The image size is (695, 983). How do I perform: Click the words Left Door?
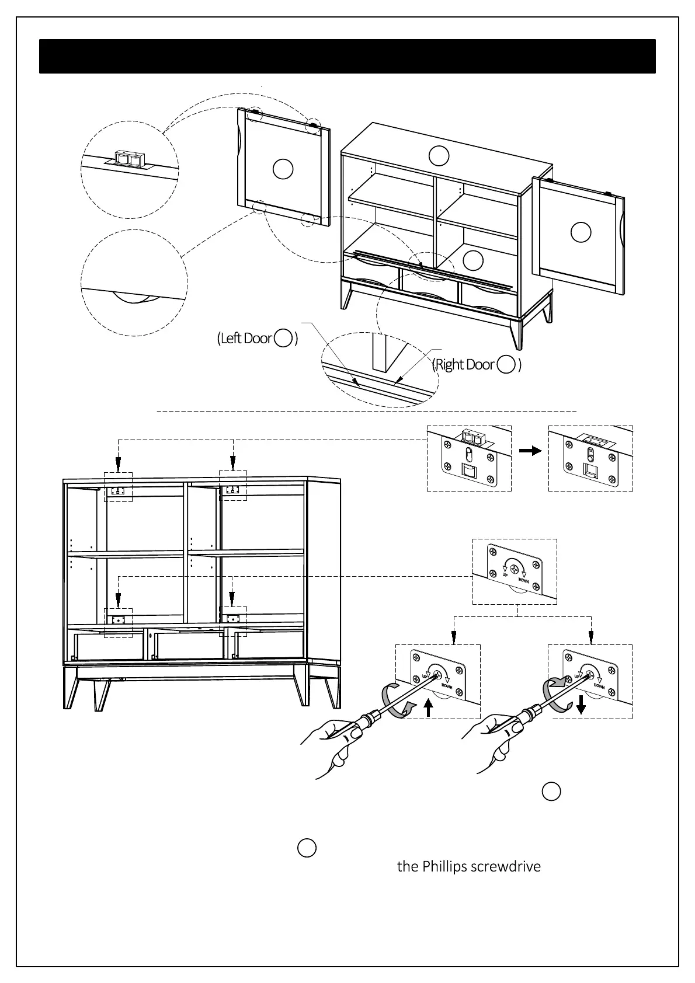point(246,339)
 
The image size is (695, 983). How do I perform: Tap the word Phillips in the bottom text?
point(440,866)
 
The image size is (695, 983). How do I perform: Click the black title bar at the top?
point(347,57)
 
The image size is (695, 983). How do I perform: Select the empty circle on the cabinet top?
point(439,155)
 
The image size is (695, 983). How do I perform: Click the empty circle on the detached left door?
point(283,169)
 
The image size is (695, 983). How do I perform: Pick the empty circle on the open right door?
point(581,232)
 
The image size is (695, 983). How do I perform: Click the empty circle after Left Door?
point(283,338)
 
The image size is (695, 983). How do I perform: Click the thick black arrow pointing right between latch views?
point(530,451)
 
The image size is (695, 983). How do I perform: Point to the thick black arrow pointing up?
point(429,708)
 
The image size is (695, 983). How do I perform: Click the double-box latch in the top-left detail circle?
point(128,158)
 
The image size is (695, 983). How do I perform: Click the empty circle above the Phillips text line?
point(307,848)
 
